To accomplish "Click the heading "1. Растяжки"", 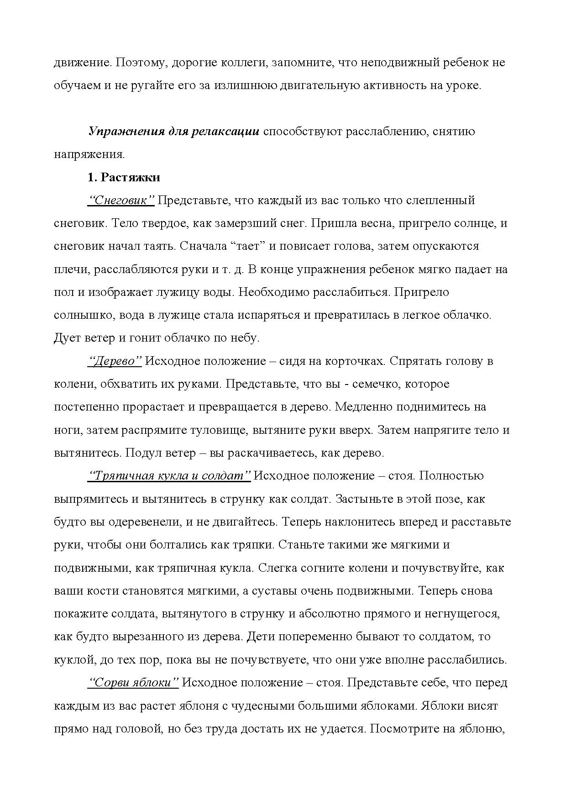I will pos(124,177).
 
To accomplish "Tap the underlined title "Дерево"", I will pos(115,361).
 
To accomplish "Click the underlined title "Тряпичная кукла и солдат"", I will pos(169,476).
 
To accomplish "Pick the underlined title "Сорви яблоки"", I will pos(133,683).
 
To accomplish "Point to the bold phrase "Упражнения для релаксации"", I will pos(174,132).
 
